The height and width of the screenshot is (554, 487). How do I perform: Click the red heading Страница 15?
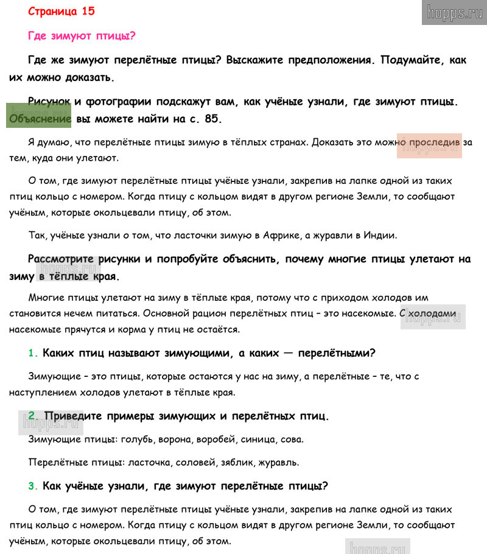pos(61,11)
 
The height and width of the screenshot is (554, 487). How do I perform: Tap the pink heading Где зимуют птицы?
pos(82,35)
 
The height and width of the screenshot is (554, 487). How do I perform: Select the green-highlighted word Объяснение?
pos(40,119)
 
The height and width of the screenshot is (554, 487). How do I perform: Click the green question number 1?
pos(33,353)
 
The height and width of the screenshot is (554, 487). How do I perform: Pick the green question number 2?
pos(33,416)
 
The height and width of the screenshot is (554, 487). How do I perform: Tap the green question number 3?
pos(33,486)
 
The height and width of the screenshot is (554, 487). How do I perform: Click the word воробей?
pos(215,439)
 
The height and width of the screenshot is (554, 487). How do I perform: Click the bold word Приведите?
pos(75,416)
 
